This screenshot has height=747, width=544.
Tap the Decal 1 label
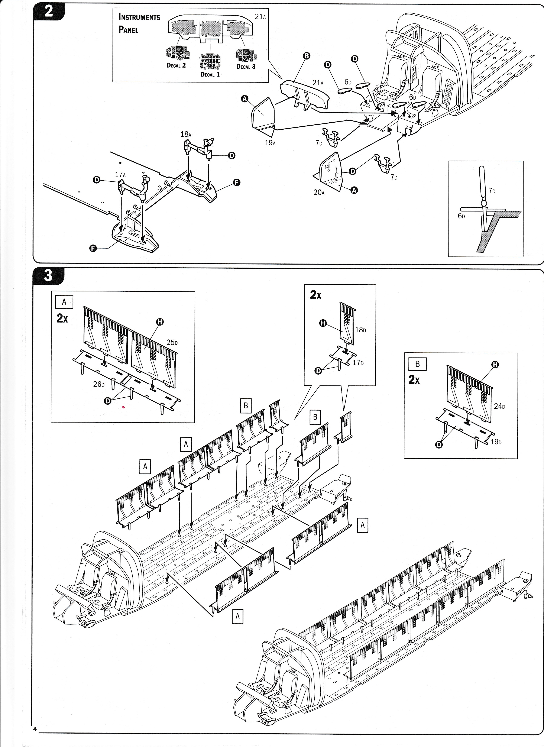point(210,74)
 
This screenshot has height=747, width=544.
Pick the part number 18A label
point(186,134)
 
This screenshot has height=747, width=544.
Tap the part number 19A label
point(270,143)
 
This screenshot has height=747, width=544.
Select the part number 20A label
point(319,192)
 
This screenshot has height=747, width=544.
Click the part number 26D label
point(99,384)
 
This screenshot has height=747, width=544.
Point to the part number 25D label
point(172,343)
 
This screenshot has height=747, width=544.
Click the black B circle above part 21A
point(306,56)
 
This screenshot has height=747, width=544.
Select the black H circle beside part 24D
point(495,365)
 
